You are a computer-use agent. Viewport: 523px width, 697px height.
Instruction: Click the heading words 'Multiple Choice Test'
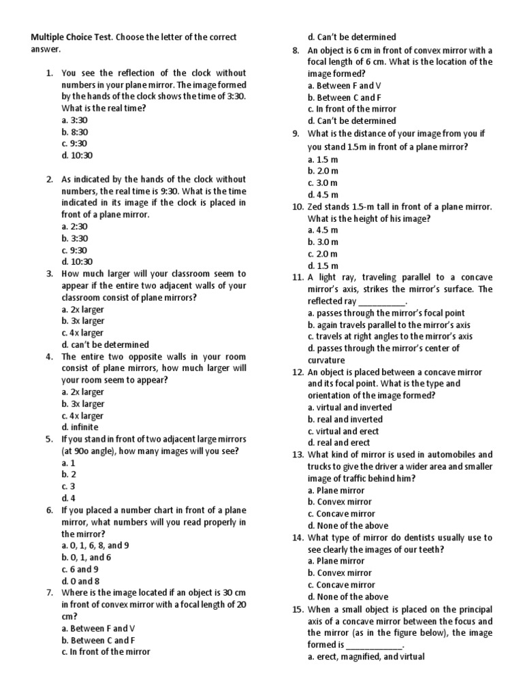coord(70,37)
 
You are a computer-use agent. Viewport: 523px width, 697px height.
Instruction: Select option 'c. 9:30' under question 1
coord(74,144)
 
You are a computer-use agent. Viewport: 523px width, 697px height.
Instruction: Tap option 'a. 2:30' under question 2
coord(74,226)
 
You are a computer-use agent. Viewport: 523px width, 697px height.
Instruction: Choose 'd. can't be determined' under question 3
coord(105,344)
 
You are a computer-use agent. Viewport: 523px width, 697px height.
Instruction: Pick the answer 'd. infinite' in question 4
coord(80,427)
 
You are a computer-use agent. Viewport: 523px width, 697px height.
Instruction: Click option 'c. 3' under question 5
coord(68,486)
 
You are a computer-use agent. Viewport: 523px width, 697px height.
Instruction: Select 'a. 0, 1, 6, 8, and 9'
coord(95,545)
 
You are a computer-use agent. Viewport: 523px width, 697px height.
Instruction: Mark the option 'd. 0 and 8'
coord(80,581)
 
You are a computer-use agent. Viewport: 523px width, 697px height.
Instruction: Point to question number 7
coord(50,592)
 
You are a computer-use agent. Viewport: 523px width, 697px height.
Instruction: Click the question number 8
coord(296,50)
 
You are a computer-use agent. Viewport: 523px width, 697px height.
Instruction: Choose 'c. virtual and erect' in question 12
coord(343,431)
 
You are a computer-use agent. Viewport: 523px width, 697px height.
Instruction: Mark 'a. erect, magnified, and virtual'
coord(366,656)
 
